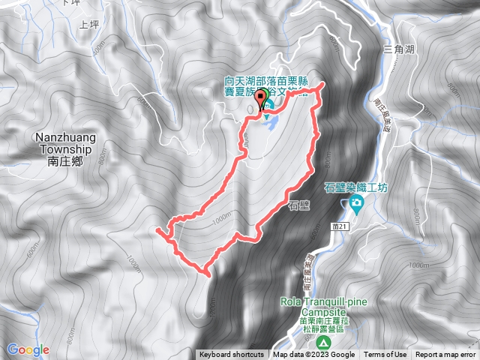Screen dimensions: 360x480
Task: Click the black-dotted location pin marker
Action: tap(262, 99)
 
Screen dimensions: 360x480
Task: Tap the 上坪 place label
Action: tap(89, 23)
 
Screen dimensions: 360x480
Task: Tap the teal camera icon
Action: tap(355, 204)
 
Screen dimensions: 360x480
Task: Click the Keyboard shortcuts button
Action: tap(232, 355)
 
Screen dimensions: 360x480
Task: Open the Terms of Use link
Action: tap(385, 355)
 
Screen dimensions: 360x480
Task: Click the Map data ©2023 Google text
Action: tap(313, 355)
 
